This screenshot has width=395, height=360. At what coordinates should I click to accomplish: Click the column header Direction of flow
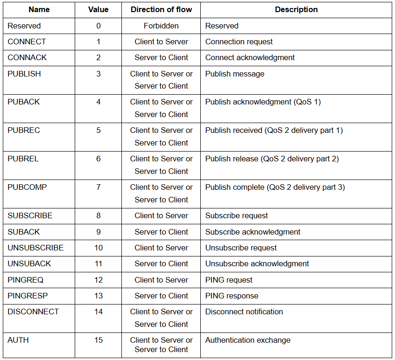(161, 9)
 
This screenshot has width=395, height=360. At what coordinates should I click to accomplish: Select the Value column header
(98, 9)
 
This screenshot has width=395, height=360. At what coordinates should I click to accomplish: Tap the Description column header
(296, 9)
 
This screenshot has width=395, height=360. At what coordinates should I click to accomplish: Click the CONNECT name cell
(27, 42)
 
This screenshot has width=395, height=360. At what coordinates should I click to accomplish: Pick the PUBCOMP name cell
(27, 187)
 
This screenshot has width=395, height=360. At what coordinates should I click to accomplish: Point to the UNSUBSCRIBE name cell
(35, 248)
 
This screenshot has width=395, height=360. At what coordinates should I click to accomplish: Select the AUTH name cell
(18, 340)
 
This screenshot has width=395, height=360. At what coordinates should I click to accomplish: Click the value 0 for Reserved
(99, 26)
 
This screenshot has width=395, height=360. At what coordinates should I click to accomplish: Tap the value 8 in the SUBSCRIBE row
(99, 215)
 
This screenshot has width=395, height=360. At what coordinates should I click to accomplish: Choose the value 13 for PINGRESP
(99, 296)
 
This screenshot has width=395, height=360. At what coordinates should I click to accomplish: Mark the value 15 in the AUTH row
(99, 340)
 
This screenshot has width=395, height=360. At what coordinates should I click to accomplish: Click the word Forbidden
(161, 26)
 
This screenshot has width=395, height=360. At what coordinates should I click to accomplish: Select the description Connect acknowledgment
(250, 57)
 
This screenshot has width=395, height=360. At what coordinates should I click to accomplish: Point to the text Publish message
(235, 74)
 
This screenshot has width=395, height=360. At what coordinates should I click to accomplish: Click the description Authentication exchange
(247, 340)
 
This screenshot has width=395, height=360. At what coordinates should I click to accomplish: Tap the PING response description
(232, 296)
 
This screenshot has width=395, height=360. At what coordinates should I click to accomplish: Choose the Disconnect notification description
(244, 312)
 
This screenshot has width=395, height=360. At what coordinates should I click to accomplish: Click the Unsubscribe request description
(241, 248)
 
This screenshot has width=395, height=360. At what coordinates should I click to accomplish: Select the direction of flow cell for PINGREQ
(161, 280)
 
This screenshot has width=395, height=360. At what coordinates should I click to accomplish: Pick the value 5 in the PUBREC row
(99, 130)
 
